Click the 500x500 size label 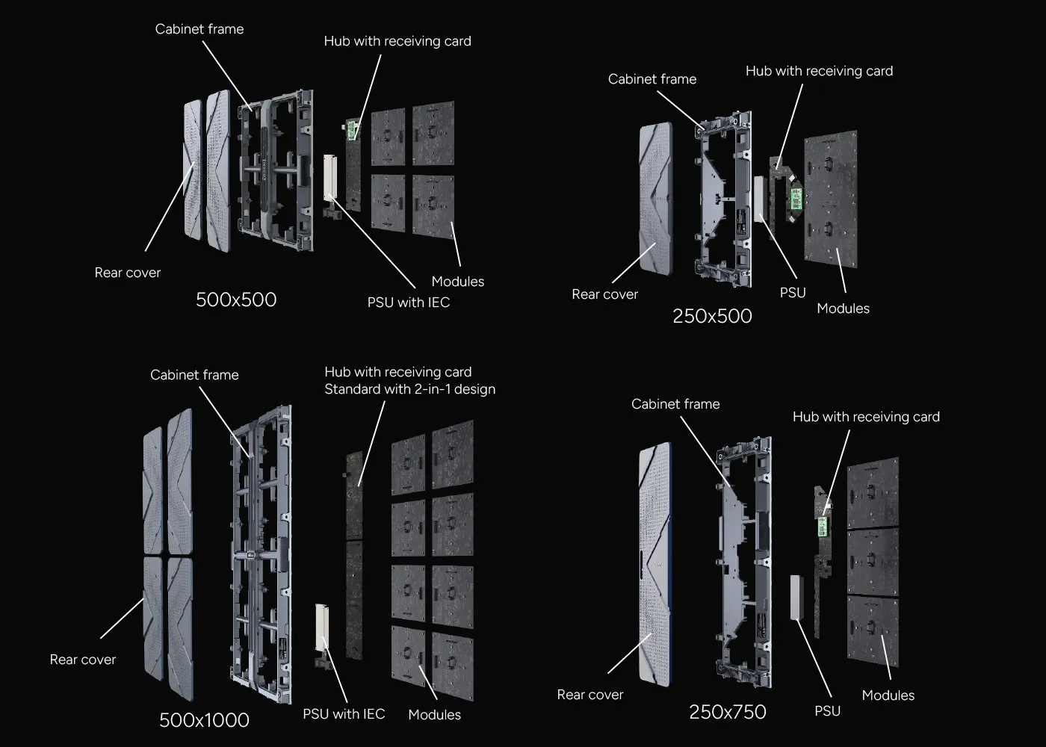236,300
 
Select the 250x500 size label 712,316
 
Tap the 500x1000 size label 204,720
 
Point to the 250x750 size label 727,712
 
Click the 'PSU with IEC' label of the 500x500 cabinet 408,303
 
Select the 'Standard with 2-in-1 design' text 409,389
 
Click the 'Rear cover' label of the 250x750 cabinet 589,695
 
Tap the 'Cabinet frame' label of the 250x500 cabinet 652,79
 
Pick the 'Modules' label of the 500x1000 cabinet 434,715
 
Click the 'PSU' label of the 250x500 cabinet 792,293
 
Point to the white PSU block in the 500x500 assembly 330,176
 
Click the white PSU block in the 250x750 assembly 796,597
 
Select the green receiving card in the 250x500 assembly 796,199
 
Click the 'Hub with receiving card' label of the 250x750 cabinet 865,417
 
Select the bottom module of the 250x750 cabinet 873,632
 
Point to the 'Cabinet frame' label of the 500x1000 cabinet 194,375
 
